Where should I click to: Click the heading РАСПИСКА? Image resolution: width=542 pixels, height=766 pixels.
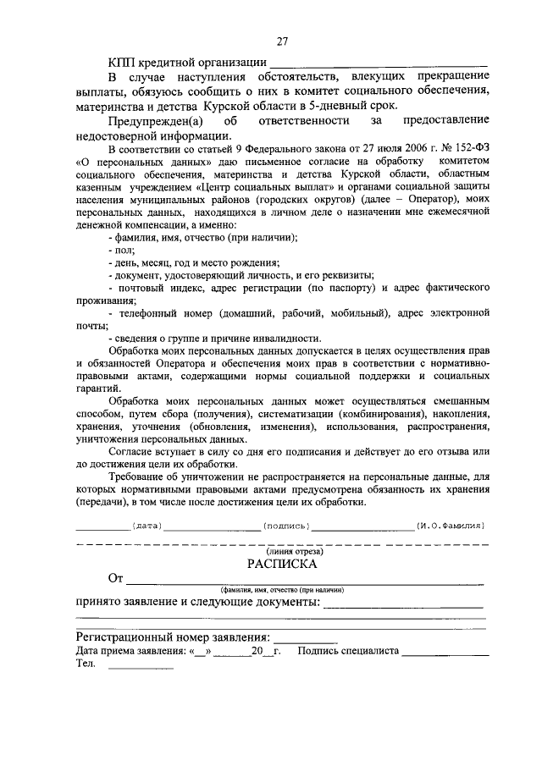[x=282, y=563]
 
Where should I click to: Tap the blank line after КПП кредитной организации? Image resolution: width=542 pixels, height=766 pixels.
[x=379, y=63]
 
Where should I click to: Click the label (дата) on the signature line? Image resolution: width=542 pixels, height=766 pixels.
[x=147, y=526]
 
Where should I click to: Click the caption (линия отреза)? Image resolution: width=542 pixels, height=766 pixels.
[x=283, y=550]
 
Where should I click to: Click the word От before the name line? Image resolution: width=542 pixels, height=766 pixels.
[x=116, y=579]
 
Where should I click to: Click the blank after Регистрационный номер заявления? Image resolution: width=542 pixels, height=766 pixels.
[x=305, y=636]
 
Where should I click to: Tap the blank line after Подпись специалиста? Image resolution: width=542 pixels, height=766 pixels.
[x=445, y=652]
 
